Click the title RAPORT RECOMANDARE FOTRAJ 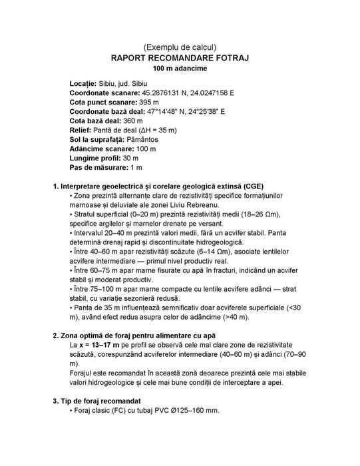180,59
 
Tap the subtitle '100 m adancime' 180,69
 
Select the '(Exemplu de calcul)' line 180,47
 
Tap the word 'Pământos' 144,143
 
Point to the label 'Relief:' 83,134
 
